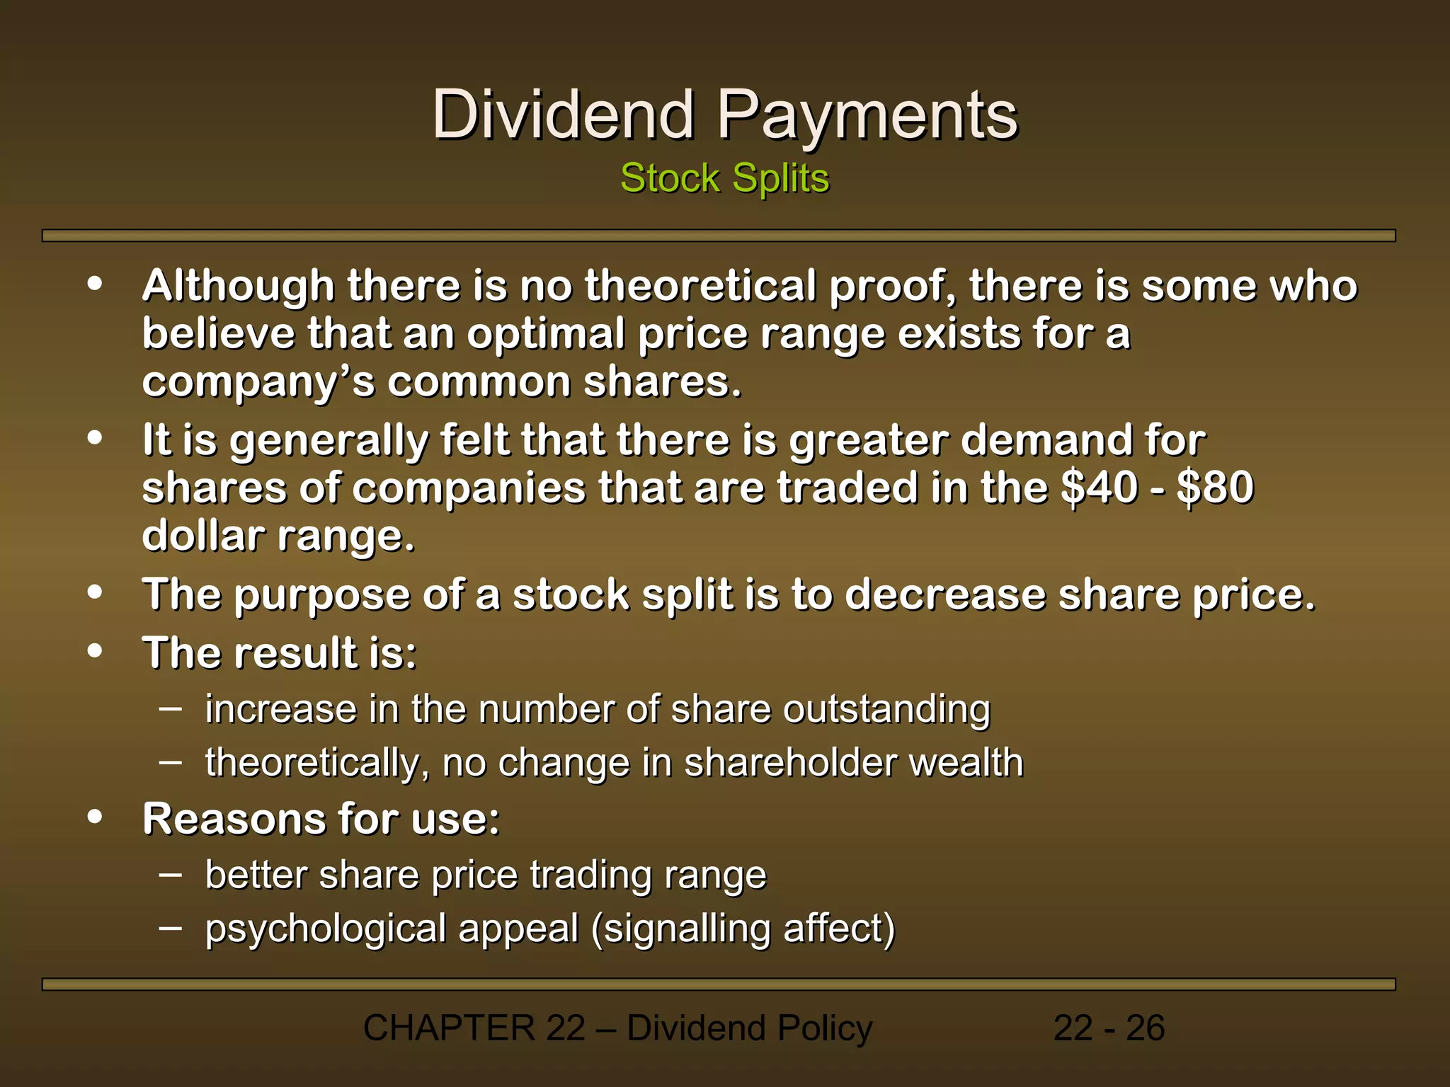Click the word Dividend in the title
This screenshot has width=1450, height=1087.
pos(563,115)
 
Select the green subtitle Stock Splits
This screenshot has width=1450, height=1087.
pos(724,178)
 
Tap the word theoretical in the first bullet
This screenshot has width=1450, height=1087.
pos(700,286)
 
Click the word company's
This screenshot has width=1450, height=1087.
pos(258,383)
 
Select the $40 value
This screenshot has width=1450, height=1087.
pos(1099,488)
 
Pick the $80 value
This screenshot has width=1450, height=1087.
pos(1215,488)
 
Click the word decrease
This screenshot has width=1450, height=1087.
pos(944,594)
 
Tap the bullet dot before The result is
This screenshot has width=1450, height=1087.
pos(95,650)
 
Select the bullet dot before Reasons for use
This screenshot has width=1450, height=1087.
pos(95,817)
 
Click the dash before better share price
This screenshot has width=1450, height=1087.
pos(170,874)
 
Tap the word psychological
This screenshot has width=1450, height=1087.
pos(325,930)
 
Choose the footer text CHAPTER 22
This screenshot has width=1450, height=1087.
pos(474,1028)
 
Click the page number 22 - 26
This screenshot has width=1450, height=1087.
pos(1109,1028)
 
